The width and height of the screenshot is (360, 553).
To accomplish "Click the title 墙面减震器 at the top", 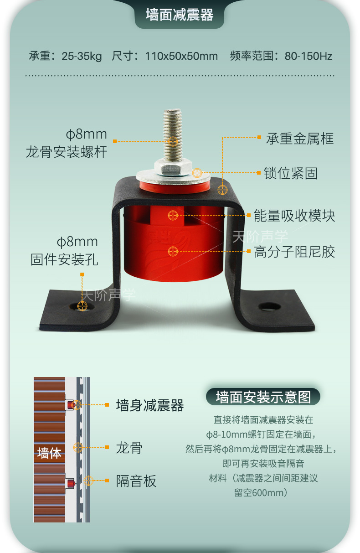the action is (x=180, y=15).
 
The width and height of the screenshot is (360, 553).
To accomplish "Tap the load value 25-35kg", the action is (x=82, y=56).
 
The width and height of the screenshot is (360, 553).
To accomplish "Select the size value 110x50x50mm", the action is (x=181, y=56).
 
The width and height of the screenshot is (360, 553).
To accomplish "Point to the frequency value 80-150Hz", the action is (x=309, y=56).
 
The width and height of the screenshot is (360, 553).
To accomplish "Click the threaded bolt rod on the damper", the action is (x=173, y=134).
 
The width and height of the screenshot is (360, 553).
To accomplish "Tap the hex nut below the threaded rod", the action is (x=173, y=167).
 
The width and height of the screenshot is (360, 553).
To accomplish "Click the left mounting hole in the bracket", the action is (x=82, y=306).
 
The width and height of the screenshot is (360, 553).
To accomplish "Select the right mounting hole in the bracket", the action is (x=269, y=307).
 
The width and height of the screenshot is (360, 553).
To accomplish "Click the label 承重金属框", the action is (x=300, y=139).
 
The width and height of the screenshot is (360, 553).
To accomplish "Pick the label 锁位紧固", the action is (x=291, y=173).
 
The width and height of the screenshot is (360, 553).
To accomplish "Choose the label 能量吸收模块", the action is (x=294, y=216).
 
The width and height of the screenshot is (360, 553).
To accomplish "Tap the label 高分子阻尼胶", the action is (x=294, y=252).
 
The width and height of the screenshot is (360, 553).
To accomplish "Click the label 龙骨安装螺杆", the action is (x=67, y=151).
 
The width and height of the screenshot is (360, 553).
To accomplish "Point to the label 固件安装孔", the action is (x=64, y=259).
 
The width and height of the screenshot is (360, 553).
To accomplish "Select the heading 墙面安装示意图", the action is (x=263, y=397).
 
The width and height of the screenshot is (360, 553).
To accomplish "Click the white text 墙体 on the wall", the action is (x=49, y=453).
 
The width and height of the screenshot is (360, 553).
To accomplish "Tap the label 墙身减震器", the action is (x=150, y=405).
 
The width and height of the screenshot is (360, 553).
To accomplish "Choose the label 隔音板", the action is (x=136, y=481).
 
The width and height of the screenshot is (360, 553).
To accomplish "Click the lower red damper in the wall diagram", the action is (x=71, y=483).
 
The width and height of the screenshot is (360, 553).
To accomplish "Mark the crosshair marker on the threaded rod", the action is (x=173, y=141).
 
